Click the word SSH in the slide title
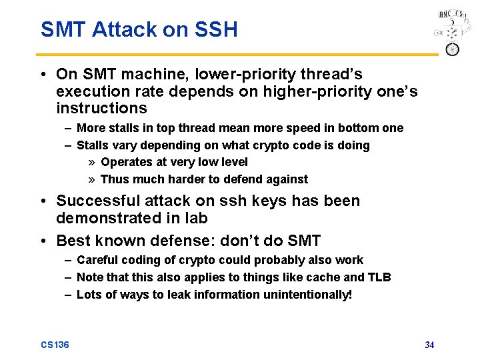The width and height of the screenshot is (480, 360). tap(215, 30)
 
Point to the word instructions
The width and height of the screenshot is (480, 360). tap(101, 109)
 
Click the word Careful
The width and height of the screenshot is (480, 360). tap(95, 260)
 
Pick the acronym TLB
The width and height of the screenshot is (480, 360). tap(379, 277)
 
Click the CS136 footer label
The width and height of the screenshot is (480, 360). tap(55, 345)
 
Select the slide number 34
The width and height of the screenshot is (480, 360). tap(429, 345)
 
